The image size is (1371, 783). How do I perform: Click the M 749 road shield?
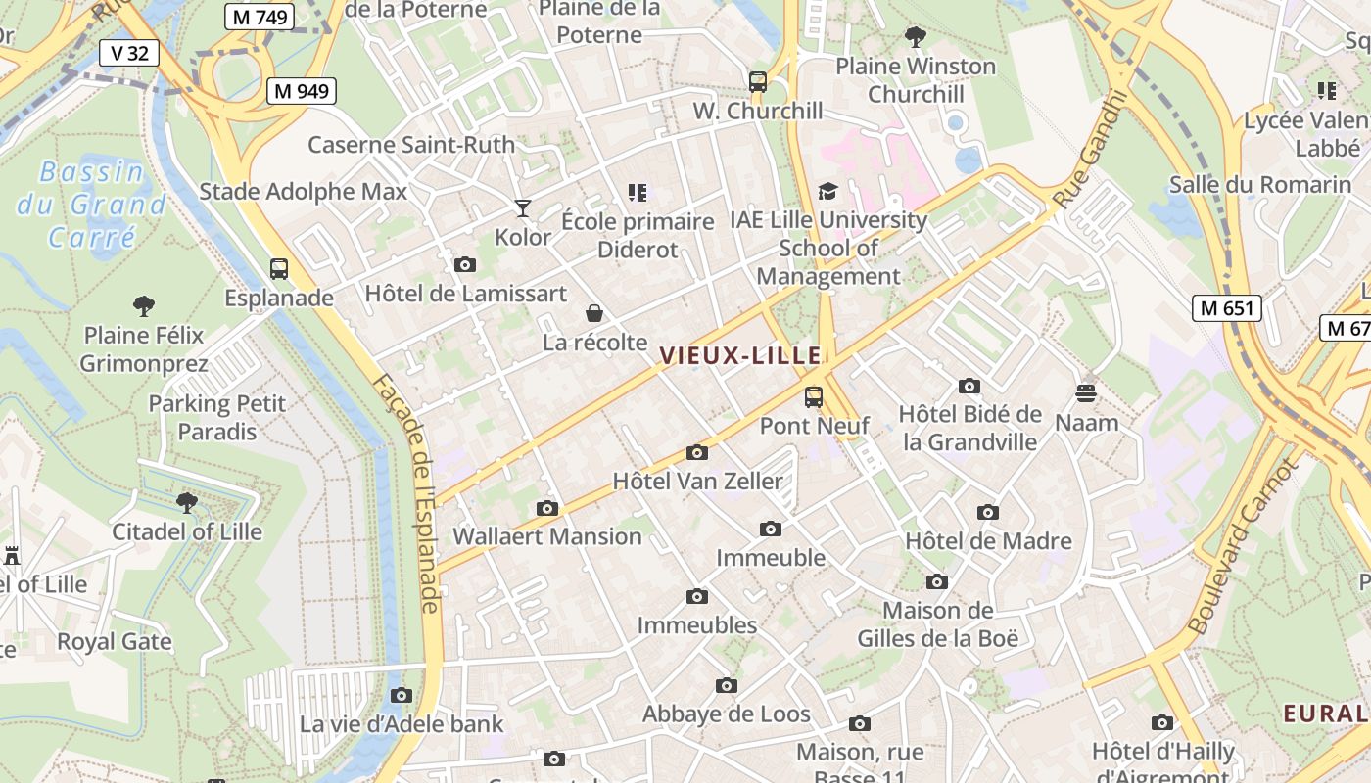click(259, 17)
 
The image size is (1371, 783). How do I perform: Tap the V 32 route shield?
click(129, 53)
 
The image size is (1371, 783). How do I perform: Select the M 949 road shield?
click(301, 91)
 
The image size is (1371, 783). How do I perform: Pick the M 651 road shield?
click(1226, 308)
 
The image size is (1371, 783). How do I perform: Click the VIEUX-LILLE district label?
click(740, 356)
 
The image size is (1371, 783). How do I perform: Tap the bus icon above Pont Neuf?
click(814, 397)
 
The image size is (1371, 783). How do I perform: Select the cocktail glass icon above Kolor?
click(523, 208)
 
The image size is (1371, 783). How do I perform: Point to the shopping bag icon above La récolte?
click(594, 314)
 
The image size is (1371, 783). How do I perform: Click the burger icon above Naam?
click(1086, 393)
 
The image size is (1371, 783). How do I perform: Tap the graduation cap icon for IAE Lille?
click(828, 192)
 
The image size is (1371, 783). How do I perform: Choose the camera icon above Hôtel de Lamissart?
click(465, 265)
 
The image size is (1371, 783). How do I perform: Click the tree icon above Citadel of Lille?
click(186, 504)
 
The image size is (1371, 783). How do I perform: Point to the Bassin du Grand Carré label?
click(92, 205)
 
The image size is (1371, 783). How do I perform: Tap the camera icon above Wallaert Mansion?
click(547, 509)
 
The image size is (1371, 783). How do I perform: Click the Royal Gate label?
click(115, 642)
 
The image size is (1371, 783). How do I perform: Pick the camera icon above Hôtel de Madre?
click(988, 513)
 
